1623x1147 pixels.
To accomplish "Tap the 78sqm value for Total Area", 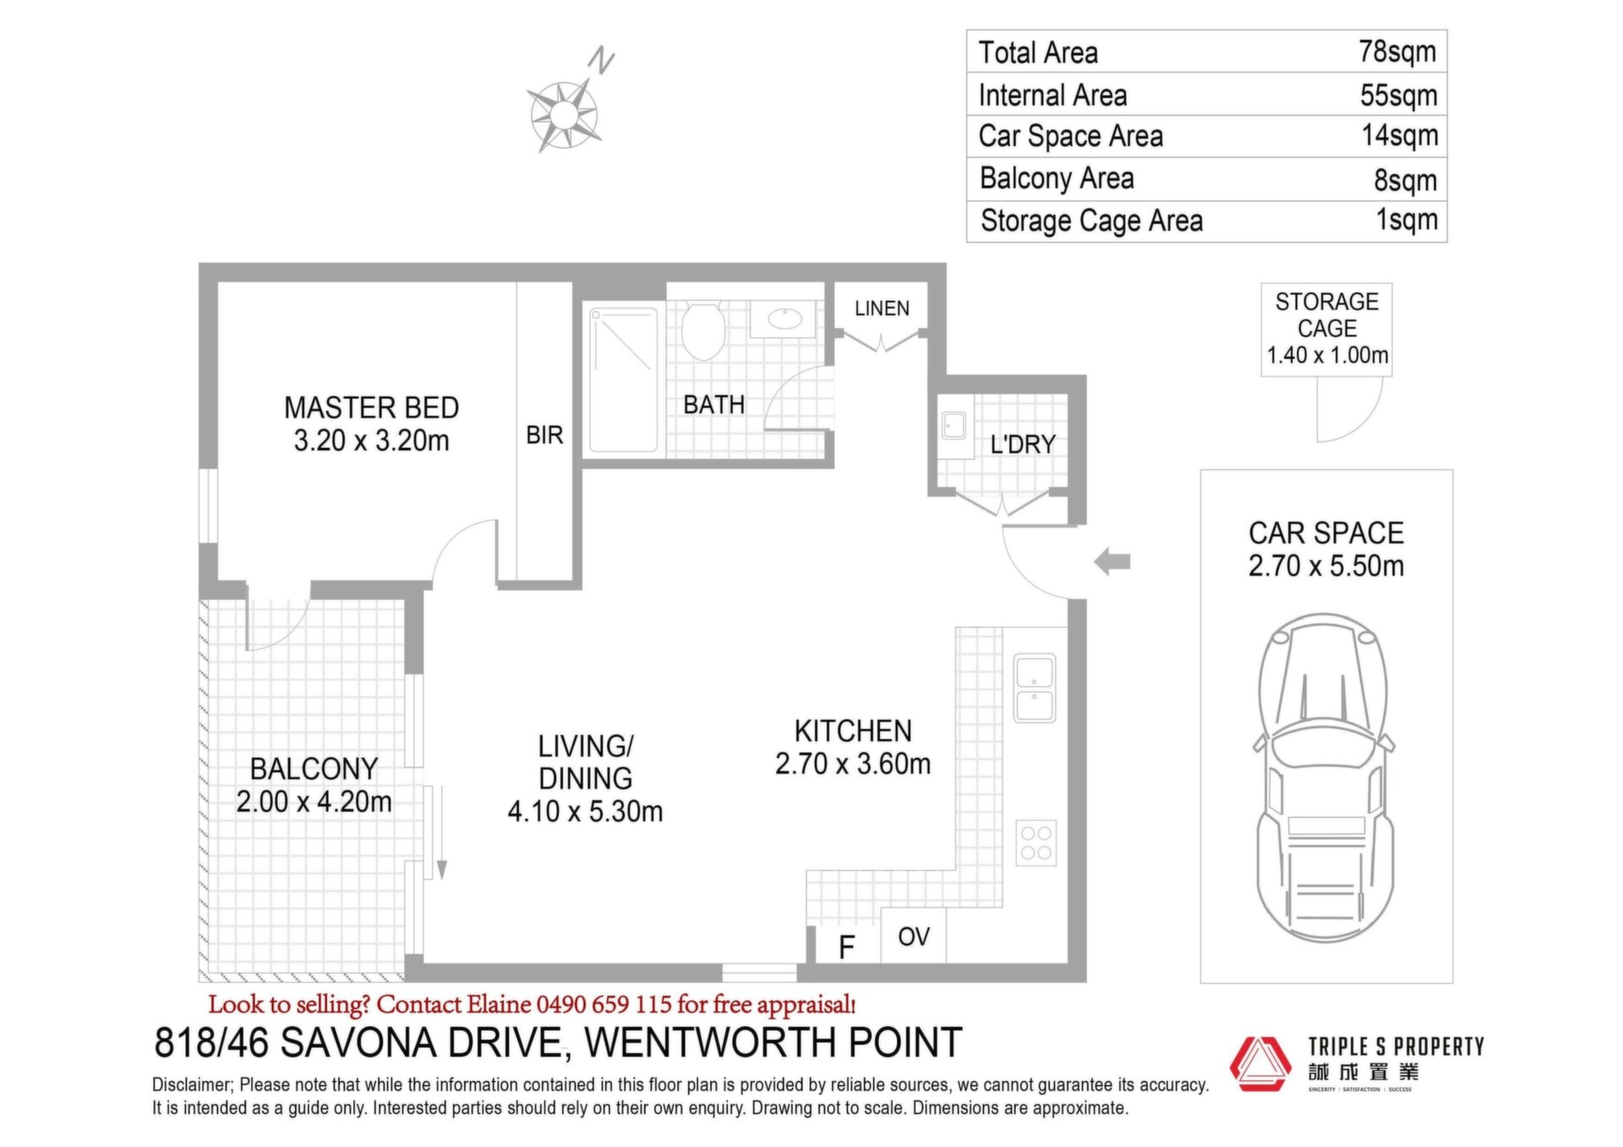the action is [x=1397, y=52].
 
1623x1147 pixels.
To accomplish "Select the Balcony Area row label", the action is [x=1057, y=178].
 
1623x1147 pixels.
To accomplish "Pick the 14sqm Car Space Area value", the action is [x=1400, y=135].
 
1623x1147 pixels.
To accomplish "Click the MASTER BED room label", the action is [x=372, y=408].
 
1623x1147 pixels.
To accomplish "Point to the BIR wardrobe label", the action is [x=544, y=435].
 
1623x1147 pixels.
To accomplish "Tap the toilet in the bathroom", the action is [x=703, y=330].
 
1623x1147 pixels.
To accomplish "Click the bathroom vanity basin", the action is [x=785, y=319].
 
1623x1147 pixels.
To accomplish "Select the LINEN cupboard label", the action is [x=882, y=309].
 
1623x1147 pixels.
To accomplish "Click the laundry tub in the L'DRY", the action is [x=954, y=427].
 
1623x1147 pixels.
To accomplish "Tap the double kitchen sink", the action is [x=1035, y=688].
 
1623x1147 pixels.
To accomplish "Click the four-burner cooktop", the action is [x=1036, y=842].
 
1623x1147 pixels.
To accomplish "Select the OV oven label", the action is [x=914, y=937].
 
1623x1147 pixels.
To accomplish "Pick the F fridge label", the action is [x=846, y=948].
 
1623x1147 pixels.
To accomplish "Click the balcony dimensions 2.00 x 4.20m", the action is [x=314, y=801].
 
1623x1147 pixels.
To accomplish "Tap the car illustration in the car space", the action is [x=1325, y=777].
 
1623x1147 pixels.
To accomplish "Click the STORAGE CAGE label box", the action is [x=1326, y=329].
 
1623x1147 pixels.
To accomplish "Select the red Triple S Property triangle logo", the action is [x=1260, y=1063].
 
